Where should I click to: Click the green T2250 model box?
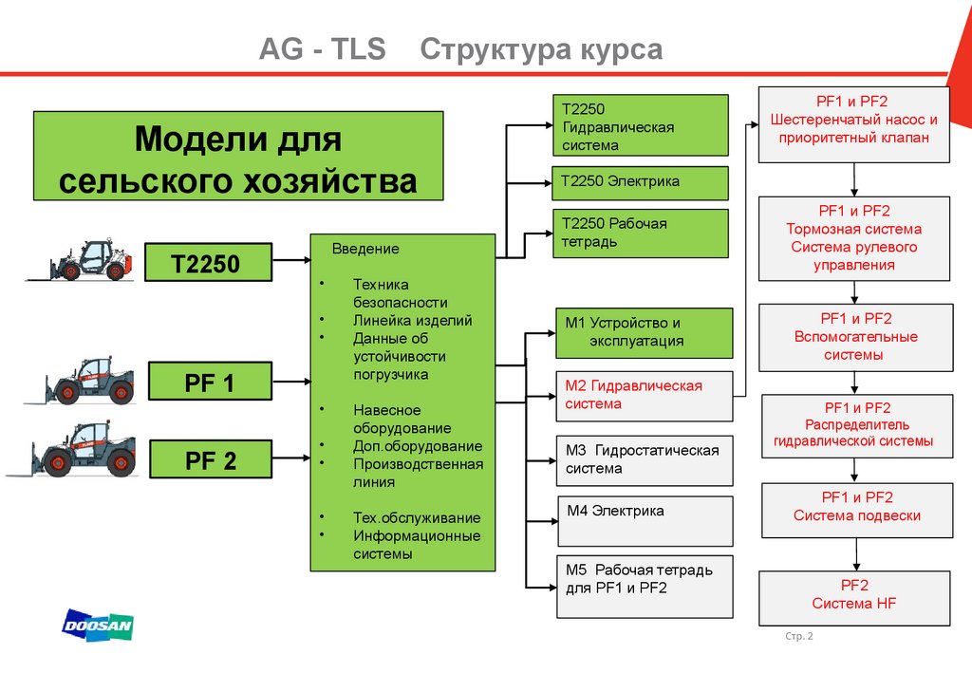click(x=208, y=262)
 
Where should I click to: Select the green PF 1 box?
click(x=208, y=383)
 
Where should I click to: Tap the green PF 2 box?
click(x=208, y=461)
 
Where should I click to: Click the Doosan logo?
click(x=98, y=626)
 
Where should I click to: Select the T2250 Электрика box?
click(x=640, y=182)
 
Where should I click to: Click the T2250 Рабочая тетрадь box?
click(x=640, y=234)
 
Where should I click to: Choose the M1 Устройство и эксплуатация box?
click(x=644, y=332)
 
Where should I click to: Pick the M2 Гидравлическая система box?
click(x=644, y=396)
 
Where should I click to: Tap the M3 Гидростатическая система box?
click(x=644, y=459)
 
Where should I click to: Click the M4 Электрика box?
click(x=644, y=520)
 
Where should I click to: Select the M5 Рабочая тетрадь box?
click(x=644, y=586)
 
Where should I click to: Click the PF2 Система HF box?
click(x=854, y=597)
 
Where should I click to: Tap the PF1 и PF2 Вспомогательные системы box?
click(x=854, y=337)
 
